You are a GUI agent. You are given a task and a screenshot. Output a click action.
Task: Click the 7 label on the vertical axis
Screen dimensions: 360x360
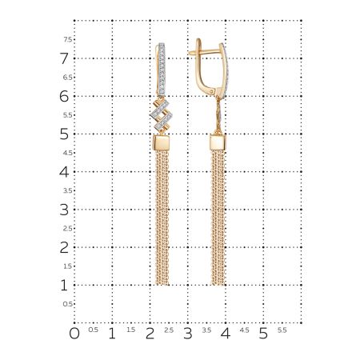[x=64, y=58]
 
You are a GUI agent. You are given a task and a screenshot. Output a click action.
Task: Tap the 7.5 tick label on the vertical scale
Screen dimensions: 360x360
[x=68, y=39]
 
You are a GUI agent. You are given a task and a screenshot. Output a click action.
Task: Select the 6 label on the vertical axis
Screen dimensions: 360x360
[x=64, y=96]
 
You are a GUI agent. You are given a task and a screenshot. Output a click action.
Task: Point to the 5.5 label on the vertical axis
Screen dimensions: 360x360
[x=68, y=114]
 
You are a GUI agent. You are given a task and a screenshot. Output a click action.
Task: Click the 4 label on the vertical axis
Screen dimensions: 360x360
[x=64, y=171]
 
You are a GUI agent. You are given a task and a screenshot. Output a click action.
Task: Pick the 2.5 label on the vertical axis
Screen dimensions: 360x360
[x=68, y=228]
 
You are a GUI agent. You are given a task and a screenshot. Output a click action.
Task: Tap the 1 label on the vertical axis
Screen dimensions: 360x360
[x=64, y=285]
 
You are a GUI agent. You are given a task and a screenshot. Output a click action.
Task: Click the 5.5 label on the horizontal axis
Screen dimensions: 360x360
[x=282, y=329]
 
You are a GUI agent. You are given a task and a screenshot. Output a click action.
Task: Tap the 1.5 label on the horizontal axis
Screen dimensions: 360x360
[x=130, y=329]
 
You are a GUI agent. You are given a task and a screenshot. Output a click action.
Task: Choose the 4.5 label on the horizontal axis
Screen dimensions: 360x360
[x=244, y=329]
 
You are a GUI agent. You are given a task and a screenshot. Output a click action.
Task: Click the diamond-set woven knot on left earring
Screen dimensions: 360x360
[x=162, y=117]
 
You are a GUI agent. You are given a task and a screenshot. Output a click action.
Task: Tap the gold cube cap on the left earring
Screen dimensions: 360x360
[x=162, y=145]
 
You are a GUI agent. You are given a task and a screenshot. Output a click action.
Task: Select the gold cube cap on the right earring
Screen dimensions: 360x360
[x=218, y=145]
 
